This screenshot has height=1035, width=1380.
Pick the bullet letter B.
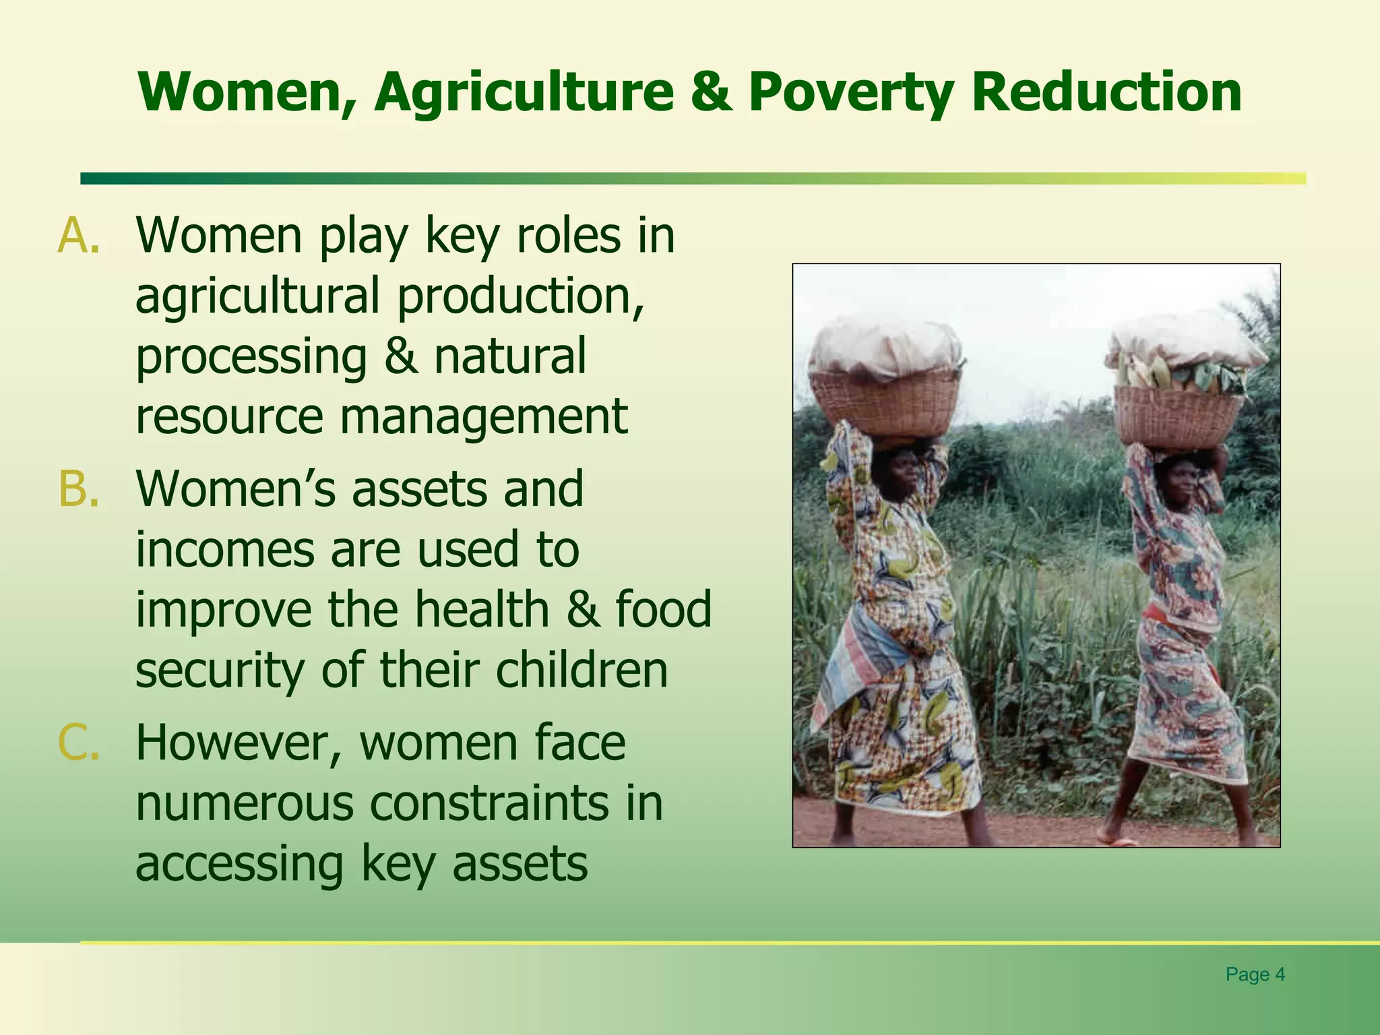[x=78, y=489]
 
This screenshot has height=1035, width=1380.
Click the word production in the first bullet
[x=520, y=296]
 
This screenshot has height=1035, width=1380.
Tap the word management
[x=483, y=416]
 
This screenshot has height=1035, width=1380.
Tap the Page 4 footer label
[x=1255, y=974]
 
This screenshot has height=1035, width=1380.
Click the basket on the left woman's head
[x=883, y=402]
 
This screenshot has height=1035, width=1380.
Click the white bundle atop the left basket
[x=885, y=347]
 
